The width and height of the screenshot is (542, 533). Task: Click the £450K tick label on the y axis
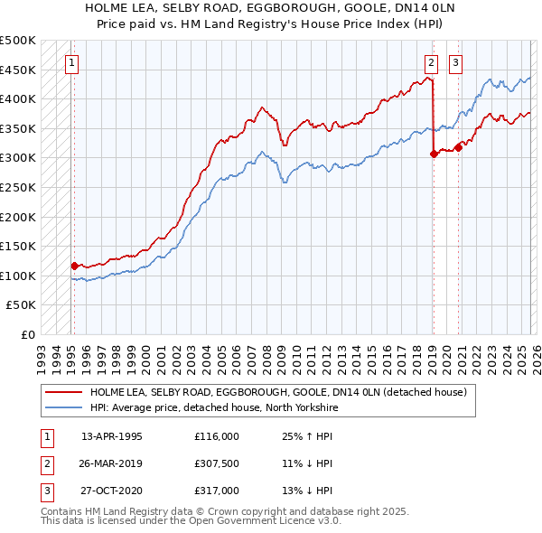(x=18, y=70)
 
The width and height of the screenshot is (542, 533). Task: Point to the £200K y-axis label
(x=18, y=217)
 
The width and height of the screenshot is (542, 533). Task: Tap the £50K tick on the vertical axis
(x=22, y=305)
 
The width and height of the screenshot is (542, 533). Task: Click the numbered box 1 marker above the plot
(x=71, y=63)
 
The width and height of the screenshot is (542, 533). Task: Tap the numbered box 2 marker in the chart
(x=432, y=63)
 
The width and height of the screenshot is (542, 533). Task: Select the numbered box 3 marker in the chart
(x=455, y=63)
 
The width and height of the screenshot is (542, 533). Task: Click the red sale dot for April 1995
(x=75, y=266)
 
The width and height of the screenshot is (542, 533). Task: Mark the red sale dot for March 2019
(x=435, y=154)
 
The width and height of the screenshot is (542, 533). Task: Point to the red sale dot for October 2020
(x=459, y=148)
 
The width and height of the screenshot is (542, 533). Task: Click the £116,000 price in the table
(x=217, y=436)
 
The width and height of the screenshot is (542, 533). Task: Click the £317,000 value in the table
(x=217, y=491)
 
